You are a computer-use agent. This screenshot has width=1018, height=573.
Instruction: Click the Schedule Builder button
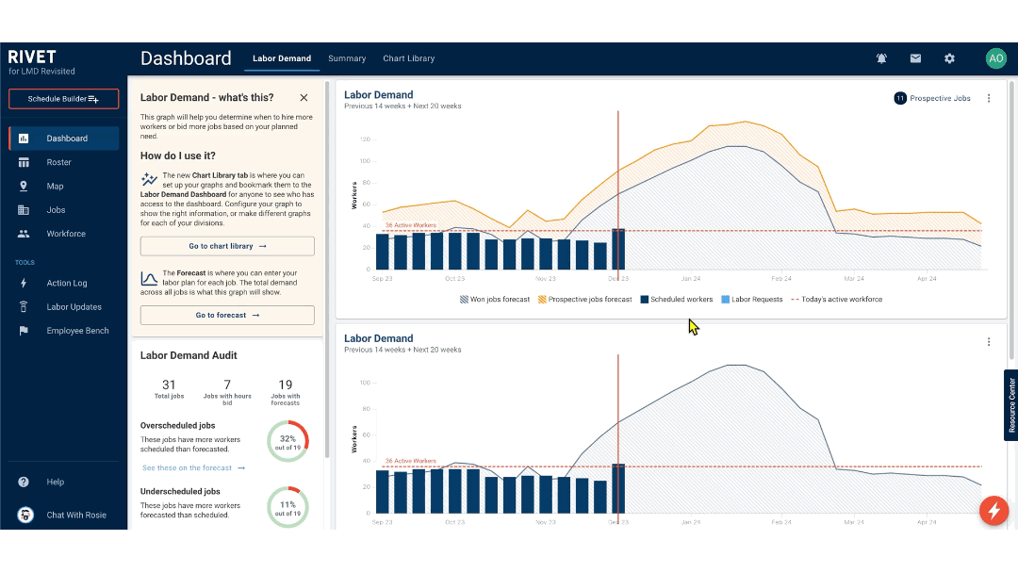[63, 99]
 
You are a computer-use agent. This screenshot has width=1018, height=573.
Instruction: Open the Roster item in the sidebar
[58, 162]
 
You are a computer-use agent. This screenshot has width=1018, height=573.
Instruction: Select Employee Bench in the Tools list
[77, 331]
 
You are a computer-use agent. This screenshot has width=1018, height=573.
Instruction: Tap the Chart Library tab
[408, 58]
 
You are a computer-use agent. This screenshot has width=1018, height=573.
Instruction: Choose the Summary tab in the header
[347, 58]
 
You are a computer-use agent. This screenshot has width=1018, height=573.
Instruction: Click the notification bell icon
[881, 58]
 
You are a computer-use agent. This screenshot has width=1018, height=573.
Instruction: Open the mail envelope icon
[915, 58]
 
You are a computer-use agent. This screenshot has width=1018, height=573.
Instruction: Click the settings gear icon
[949, 58]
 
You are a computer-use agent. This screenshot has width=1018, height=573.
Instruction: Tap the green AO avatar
[995, 58]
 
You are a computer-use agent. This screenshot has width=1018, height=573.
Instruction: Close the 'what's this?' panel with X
[304, 98]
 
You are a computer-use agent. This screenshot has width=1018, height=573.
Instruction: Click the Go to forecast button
[227, 316]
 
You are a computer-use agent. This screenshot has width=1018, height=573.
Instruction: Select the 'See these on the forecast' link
[193, 468]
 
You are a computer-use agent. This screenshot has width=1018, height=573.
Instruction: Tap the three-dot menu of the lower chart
[988, 342]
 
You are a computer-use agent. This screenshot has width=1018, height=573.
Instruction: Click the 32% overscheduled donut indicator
[287, 439]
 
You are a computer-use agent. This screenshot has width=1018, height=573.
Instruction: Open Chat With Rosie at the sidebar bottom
[75, 515]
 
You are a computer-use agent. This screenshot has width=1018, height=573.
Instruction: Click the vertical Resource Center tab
[1011, 405]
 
